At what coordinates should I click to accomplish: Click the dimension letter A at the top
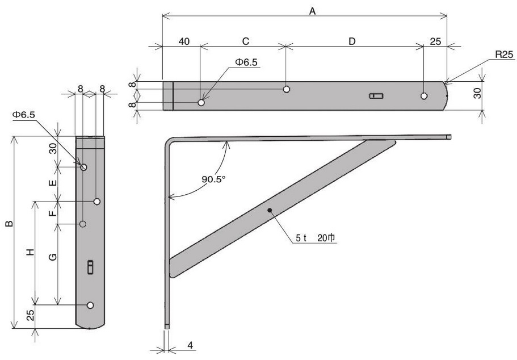pyautogui.click(x=313, y=10)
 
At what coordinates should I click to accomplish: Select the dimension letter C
pyautogui.click(x=246, y=41)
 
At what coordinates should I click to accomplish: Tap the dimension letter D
pyautogui.click(x=352, y=41)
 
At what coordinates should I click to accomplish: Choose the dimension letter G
pyautogui.click(x=52, y=257)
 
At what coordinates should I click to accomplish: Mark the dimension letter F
pyautogui.click(x=52, y=213)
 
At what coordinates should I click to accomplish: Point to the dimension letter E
pyautogui.click(x=52, y=184)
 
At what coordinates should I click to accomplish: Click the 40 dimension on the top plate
pyautogui.click(x=183, y=41)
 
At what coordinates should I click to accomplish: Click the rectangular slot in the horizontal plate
pyautogui.click(x=376, y=96)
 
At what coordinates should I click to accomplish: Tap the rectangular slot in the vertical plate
pyautogui.click(x=90, y=267)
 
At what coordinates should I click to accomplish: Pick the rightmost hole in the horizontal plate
pyautogui.click(x=424, y=96)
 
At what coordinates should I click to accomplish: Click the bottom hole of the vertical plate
pyautogui.click(x=90, y=305)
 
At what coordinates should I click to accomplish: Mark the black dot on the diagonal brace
pyautogui.click(x=270, y=210)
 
